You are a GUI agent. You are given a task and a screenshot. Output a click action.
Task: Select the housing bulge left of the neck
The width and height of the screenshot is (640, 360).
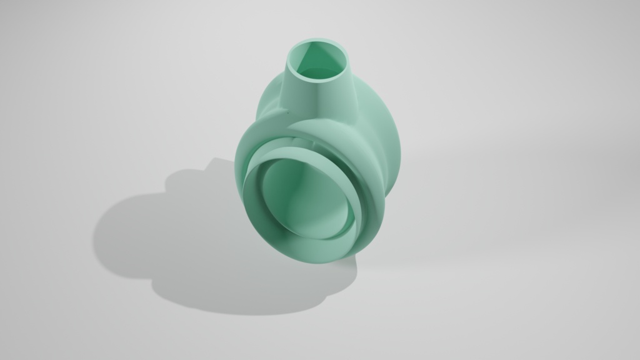(x=269, y=100)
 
